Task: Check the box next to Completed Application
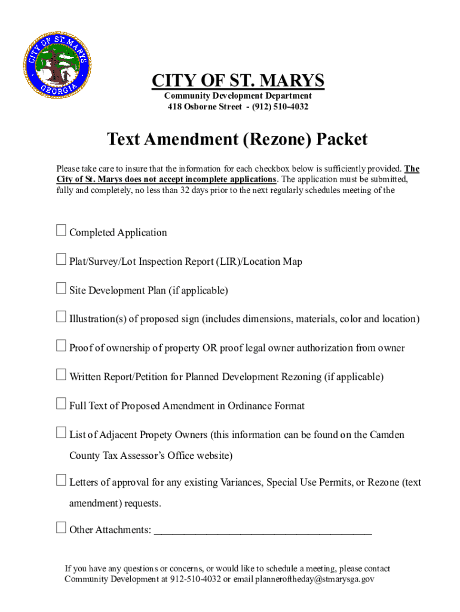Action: point(61,230)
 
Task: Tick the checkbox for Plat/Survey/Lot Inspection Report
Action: point(61,259)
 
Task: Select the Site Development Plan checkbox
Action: point(61,288)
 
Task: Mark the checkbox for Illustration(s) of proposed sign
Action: point(61,317)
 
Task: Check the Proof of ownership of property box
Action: point(61,345)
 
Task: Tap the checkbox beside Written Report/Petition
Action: point(61,375)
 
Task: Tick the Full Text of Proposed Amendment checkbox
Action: point(61,403)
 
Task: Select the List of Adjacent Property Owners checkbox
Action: point(61,432)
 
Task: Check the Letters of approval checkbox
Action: point(61,480)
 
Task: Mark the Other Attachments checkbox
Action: point(61,527)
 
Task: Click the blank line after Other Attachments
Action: point(263,531)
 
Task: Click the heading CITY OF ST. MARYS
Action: point(238,81)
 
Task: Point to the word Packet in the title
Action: point(342,140)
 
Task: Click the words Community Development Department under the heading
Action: point(238,96)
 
